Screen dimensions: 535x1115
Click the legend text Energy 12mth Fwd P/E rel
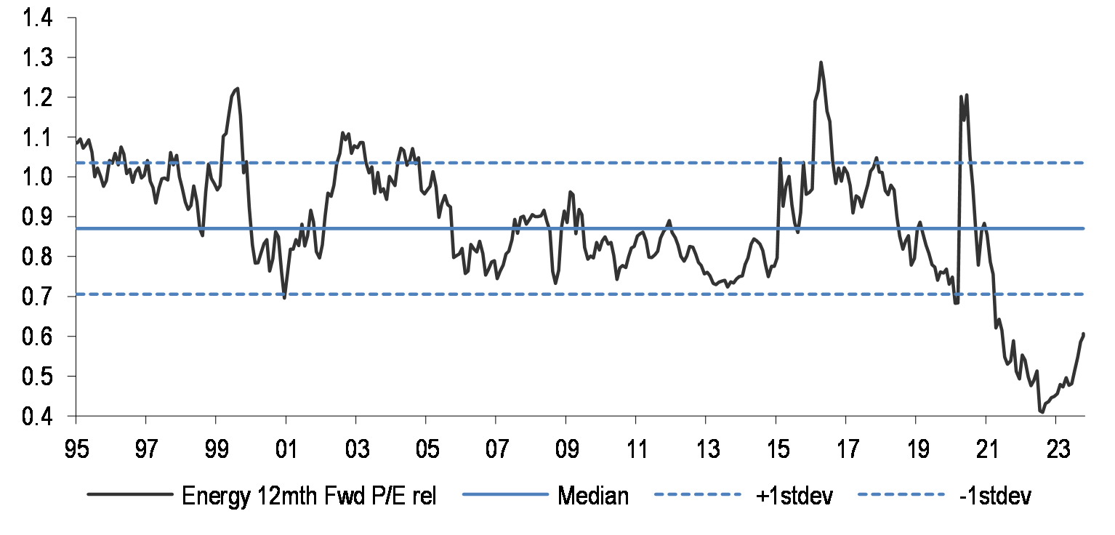[x=309, y=496]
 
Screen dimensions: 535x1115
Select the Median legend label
[x=592, y=496]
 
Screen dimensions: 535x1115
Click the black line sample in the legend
[x=130, y=496]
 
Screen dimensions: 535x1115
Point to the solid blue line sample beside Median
[x=509, y=496]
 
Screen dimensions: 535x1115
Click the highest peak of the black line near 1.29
[x=821, y=63]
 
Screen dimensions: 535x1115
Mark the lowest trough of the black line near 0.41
[x=1042, y=412]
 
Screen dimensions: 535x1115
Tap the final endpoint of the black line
[x=1084, y=334]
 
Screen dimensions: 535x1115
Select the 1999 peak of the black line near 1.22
[x=238, y=89]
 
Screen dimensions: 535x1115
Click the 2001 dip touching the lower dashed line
[x=284, y=297]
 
